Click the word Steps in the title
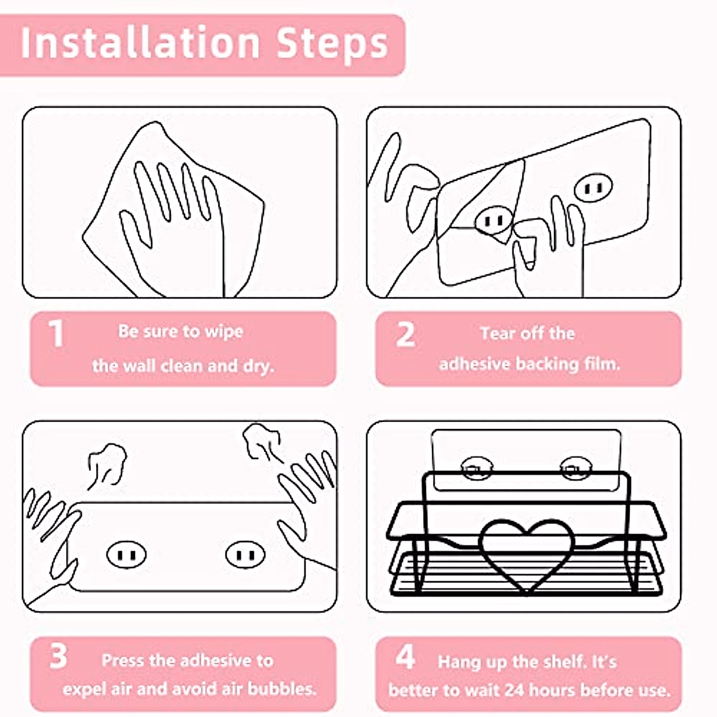point(333,45)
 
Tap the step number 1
point(57,333)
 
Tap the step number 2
point(405,334)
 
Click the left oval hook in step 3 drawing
point(127,554)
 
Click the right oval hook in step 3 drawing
point(246,554)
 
